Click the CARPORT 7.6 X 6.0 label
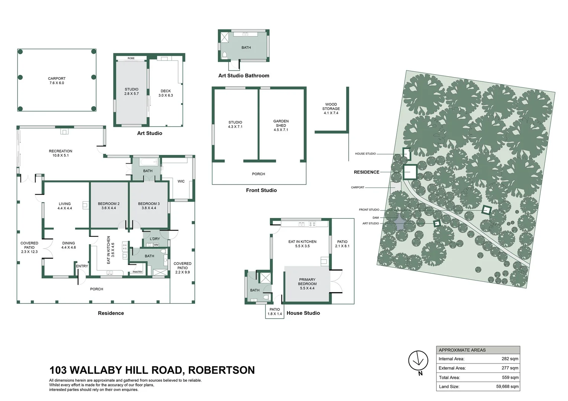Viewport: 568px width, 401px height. point(57,81)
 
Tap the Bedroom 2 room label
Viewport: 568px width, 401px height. point(109,206)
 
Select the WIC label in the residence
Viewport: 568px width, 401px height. point(181,181)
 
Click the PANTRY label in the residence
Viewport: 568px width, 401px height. point(138,272)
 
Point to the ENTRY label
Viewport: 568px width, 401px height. point(82,266)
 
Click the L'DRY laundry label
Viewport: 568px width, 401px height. point(155,239)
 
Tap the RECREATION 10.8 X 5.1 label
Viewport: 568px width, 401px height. point(60,153)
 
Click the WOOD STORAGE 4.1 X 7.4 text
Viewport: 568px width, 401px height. point(331,109)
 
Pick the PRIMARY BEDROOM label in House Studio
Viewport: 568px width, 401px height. point(307,284)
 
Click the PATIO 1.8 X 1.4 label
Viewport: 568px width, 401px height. point(275,312)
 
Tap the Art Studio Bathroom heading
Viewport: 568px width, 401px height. point(243,75)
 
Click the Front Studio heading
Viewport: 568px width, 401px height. point(261,190)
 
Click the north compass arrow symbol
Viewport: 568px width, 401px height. point(419,361)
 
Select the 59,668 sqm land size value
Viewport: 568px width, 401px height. point(507,387)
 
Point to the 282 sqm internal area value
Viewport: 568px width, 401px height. point(510,359)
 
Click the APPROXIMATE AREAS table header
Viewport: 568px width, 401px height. point(462,350)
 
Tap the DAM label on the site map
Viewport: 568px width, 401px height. point(376,218)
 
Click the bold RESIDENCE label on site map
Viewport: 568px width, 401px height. point(367,172)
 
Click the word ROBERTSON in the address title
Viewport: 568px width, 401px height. point(221,370)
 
